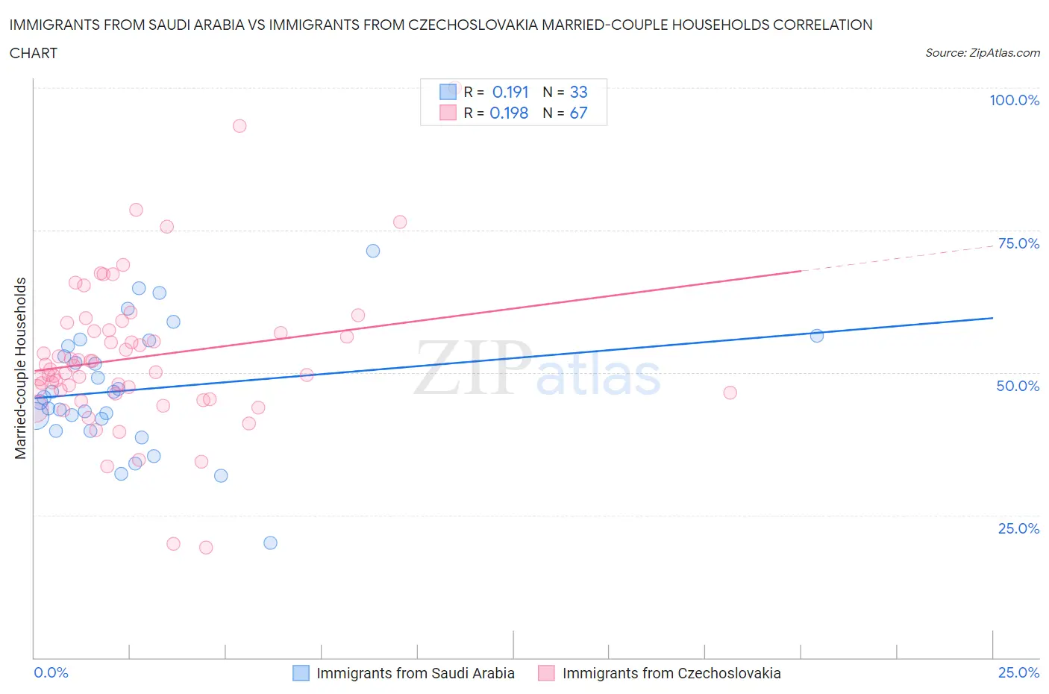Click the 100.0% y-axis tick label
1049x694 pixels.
[1014, 100]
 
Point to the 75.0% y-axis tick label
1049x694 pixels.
[1018, 243]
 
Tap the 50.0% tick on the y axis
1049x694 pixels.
[1018, 386]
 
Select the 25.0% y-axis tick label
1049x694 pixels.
[1018, 528]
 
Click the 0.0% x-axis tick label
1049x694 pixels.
[51, 672]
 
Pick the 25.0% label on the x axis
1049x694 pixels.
[1018, 672]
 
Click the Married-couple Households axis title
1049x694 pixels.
[21, 368]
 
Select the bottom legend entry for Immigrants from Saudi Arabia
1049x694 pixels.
[415, 673]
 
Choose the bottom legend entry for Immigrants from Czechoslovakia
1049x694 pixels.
[671, 673]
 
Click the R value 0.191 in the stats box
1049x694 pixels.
[510, 92]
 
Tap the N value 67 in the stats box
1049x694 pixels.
[578, 113]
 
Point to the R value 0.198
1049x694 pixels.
[509, 113]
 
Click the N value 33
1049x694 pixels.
[578, 92]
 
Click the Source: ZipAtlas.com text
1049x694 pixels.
[982, 52]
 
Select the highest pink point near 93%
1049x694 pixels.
[239, 125]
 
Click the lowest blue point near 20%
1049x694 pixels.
[271, 543]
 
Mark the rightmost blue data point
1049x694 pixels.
[817, 336]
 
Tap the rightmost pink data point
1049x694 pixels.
[730, 393]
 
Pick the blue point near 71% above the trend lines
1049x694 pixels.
[373, 251]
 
